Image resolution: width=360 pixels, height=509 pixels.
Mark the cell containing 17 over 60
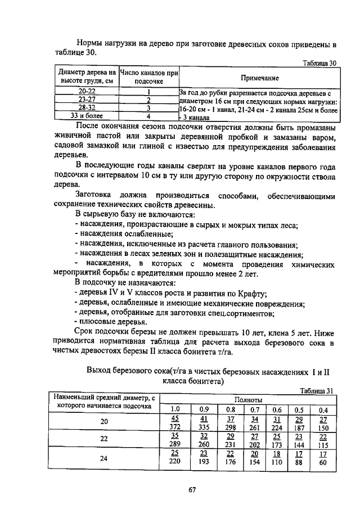[x=323, y=458]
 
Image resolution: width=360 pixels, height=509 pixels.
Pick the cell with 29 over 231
[x=230, y=441]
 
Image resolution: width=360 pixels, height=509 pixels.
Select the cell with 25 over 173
[x=276, y=441]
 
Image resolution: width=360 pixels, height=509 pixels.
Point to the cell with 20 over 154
[x=254, y=458]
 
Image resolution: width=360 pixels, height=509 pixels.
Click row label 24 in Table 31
[x=104, y=458]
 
